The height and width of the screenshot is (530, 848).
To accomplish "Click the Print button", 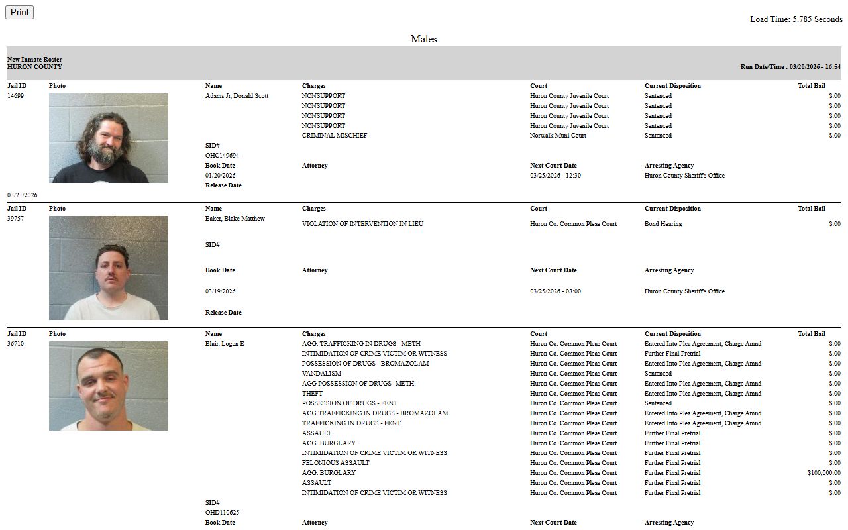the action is (19, 12).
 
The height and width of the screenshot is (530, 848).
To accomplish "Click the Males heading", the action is (423, 39).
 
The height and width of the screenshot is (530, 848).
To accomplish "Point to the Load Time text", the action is (796, 19).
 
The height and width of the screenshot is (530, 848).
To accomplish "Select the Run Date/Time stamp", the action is (790, 67).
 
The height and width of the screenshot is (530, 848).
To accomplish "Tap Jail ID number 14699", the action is (16, 96).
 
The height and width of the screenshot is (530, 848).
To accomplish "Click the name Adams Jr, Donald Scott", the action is (237, 96).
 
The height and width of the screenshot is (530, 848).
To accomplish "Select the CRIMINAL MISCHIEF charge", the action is (334, 136).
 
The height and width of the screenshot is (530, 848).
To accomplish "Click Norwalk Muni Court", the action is (558, 136).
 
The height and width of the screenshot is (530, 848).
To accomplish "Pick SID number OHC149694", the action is (222, 156).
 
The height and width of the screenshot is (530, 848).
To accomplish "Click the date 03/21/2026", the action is (23, 195).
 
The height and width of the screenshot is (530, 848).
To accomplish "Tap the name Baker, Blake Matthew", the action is (235, 219).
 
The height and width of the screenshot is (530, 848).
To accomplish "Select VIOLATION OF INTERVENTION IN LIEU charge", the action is (362, 224).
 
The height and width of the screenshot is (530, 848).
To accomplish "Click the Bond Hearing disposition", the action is (662, 224).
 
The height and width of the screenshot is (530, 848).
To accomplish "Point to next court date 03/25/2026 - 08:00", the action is (555, 291).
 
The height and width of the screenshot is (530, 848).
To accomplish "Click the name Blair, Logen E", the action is (225, 344).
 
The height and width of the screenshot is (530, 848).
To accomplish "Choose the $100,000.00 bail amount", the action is (823, 473).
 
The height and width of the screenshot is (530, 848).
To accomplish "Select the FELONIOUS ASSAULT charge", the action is (335, 463).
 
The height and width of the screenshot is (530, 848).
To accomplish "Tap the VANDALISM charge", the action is (321, 374).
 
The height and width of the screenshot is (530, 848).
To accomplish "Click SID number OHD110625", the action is (222, 513).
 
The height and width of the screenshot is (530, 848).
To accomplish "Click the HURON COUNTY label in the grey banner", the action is (34, 67).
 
